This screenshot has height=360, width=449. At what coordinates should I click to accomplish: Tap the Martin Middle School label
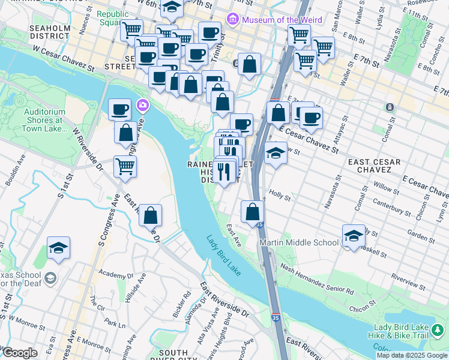[298, 242]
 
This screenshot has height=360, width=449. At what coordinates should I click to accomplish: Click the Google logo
[20, 353]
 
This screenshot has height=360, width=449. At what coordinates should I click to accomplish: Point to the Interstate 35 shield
[259, 224]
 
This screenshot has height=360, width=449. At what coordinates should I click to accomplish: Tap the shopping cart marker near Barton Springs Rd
[125, 166]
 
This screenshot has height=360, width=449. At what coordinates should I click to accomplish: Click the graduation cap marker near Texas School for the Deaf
[58, 247]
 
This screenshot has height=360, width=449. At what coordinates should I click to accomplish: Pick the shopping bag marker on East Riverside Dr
[150, 215]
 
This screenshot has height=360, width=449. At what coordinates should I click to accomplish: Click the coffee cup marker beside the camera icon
[119, 109]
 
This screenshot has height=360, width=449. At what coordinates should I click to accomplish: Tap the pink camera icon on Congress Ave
[142, 105]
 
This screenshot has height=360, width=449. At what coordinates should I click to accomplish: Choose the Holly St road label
[280, 196]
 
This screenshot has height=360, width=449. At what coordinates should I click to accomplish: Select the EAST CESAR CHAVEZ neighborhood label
[370, 166]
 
